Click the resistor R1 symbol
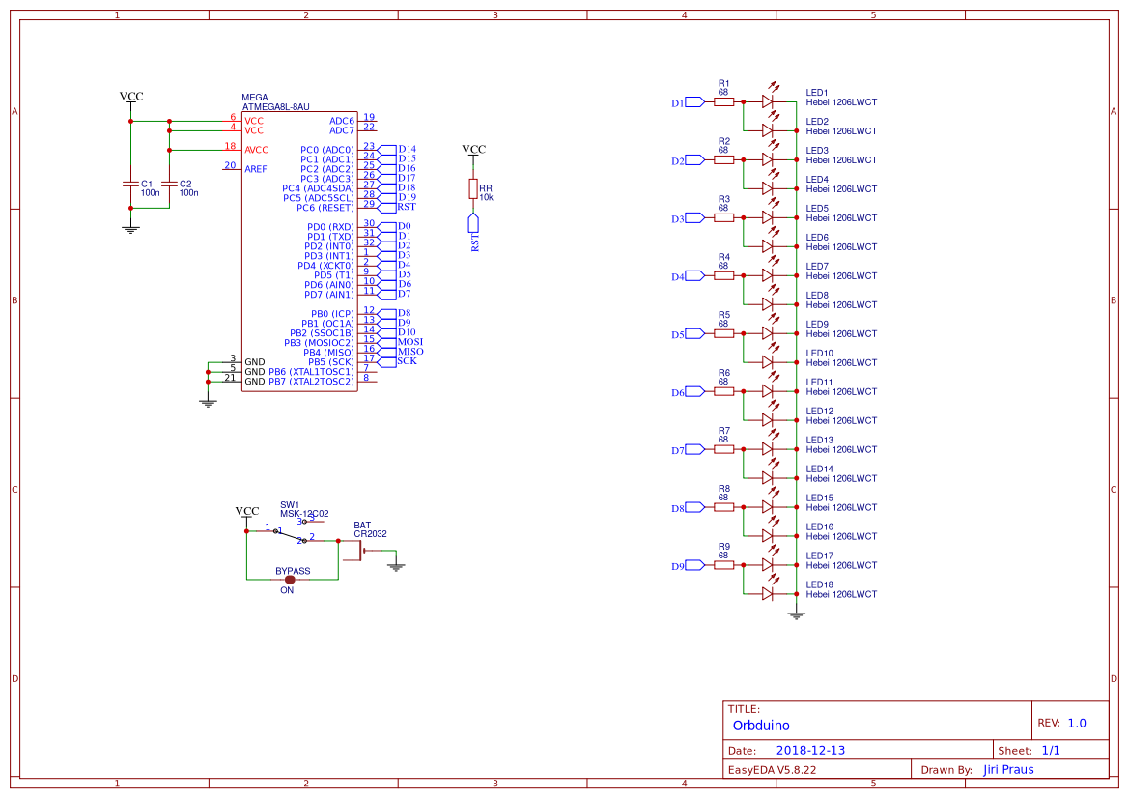[723, 101]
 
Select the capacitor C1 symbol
[130, 183]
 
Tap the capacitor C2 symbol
[169, 183]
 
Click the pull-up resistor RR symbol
[473, 188]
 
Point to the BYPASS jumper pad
[290, 580]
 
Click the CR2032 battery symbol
[361, 552]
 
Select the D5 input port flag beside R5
[692, 334]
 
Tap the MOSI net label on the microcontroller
[410, 342]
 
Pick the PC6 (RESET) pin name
[325, 208]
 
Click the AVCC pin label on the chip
[256, 150]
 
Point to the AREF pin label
[256, 169]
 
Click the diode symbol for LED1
[768, 100]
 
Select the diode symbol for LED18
[768, 593]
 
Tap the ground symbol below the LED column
[796, 614]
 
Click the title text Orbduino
[761, 726]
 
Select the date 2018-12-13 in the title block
[810, 751]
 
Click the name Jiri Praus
[1008, 770]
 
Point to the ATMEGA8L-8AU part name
[275, 107]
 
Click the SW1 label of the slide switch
[290, 504]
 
